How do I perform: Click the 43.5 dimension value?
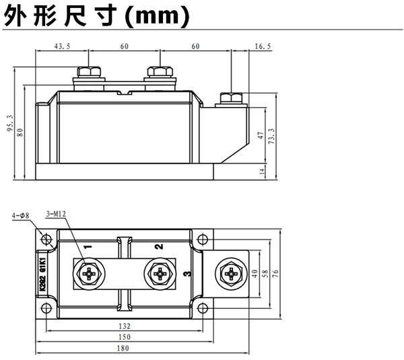tap(61, 46)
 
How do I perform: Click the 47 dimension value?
tap(261, 135)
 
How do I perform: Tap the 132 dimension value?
tap(125, 325)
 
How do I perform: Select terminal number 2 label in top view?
tap(159, 247)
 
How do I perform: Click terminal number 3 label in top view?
tap(187, 273)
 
